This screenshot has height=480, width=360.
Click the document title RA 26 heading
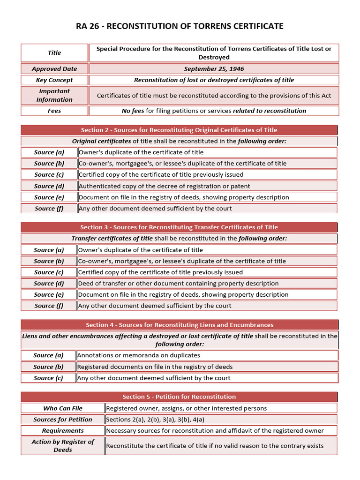tap(180, 26)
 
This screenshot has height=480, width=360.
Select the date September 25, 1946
tap(214, 69)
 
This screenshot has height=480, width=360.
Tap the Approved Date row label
tap(54, 69)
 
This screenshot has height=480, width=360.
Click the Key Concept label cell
tap(54, 80)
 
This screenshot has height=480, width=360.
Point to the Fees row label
tap(54, 111)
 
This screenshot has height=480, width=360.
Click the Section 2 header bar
tap(179, 130)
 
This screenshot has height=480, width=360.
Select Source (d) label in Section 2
tap(49, 186)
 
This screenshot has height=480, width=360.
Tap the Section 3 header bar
tap(179, 227)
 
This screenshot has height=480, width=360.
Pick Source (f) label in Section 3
tap(49, 306)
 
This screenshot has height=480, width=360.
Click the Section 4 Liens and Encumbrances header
tap(179, 325)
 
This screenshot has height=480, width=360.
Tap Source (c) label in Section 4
tap(49, 378)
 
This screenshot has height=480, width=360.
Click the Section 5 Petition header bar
tap(179, 397)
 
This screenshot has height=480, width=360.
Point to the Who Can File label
tap(63, 408)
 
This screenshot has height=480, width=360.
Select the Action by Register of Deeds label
tap(63, 446)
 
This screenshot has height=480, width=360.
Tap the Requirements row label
tap(63, 431)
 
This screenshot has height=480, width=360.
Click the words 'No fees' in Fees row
tap(132, 111)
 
